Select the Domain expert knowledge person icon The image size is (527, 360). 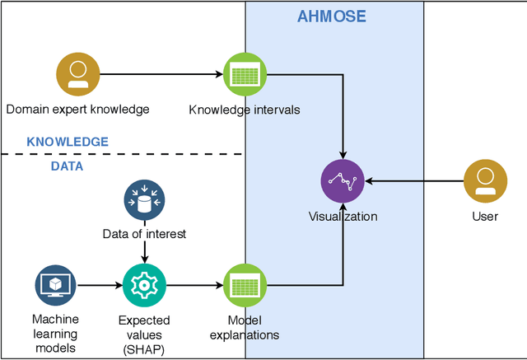77,75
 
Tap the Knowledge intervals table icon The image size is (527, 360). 244,75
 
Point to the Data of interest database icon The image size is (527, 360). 145,199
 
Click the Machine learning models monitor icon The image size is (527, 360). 55,286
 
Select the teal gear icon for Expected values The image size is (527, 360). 145,286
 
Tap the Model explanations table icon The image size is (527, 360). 244,286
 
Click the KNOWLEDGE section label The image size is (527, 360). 68,142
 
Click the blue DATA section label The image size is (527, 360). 68,166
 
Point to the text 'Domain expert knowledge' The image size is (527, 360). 77,109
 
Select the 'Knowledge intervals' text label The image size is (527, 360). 245,109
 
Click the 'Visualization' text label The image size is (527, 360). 343,217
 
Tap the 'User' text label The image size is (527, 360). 485,217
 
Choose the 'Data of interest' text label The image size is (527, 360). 145,234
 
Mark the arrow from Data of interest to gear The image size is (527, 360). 145,252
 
